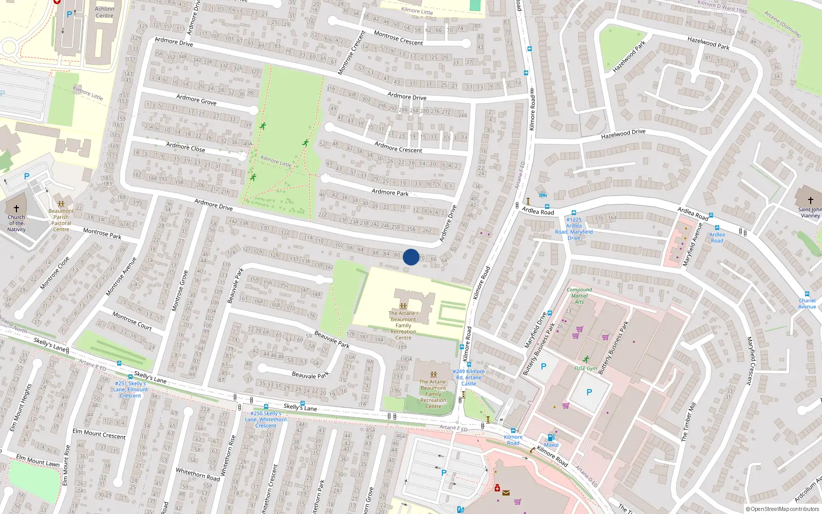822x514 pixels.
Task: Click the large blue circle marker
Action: tap(411, 257)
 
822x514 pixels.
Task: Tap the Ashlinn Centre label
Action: tap(104, 12)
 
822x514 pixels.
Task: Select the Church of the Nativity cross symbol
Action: tap(16, 209)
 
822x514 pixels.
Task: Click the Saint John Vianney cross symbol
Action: tap(810, 200)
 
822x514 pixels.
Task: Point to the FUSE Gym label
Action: tap(586, 368)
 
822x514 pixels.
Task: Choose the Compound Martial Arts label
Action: tap(579, 296)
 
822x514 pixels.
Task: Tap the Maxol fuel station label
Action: tap(551, 445)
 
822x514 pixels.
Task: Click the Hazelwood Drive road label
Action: tap(623, 134)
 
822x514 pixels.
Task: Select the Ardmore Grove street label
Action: tap(196, 99)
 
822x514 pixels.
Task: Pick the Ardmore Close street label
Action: tap(185, 147)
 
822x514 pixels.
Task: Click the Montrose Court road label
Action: tap(132, 321)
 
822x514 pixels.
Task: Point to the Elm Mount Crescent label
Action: tap(99, 434)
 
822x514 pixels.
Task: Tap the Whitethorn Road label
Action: tap(198, 474)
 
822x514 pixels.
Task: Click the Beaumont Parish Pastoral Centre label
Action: tap(61, 220)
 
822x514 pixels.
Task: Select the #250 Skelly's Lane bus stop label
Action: tap(266, 419)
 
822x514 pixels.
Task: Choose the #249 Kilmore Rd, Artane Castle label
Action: tap(469, 377)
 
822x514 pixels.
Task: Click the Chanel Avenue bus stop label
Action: tap(807, 303)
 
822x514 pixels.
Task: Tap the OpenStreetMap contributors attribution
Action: tap(782, 509)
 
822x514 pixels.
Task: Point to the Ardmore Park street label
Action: tap(390, 192)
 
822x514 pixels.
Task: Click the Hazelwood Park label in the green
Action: tap(629, 57)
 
